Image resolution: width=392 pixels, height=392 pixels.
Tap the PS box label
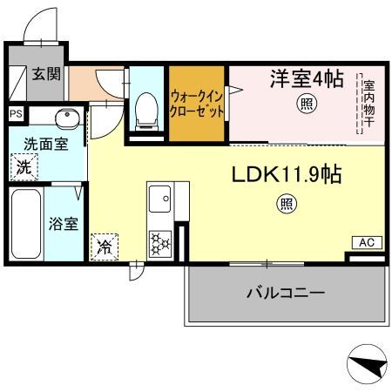coord(16,113)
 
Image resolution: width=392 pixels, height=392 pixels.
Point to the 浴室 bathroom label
coord(64,223)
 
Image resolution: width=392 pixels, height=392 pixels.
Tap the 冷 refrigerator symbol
coord(105,247)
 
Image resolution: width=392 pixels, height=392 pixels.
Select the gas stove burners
coord(161,242)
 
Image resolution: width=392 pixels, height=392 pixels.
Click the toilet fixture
coord(145,108)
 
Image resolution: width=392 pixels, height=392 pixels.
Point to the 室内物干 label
coord(369,104)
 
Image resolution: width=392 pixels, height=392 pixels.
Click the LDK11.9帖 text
coord(286,175)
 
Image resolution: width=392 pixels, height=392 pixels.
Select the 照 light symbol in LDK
coord(285,206)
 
